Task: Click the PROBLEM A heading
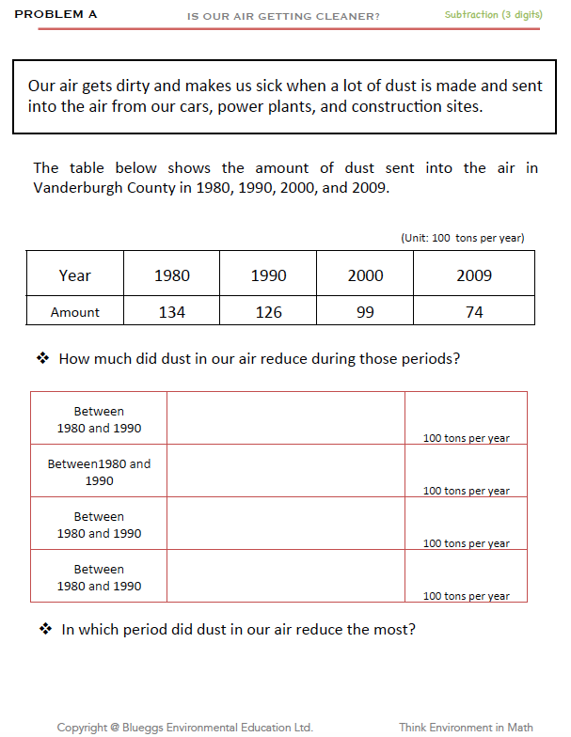coord(56,15)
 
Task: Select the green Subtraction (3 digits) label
coord(493,15)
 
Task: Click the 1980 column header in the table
coord(171,275)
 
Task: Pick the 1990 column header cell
coord(268,275)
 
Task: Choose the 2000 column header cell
coord(365,275)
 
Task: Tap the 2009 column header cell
coord(474,275)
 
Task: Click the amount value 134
coord(171,312)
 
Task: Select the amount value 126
coord(268,312)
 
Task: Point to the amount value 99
coord(365,312)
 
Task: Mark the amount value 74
coord(474,312)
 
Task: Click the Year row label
coord(74,275)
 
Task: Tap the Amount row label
coord(74,312)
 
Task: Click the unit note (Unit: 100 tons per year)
coord(462,238)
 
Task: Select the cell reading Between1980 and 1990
coord(99,472)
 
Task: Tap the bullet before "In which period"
coord(44,629)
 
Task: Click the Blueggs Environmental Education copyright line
coord(184,727)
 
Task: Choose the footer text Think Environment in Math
coord(466,727)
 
